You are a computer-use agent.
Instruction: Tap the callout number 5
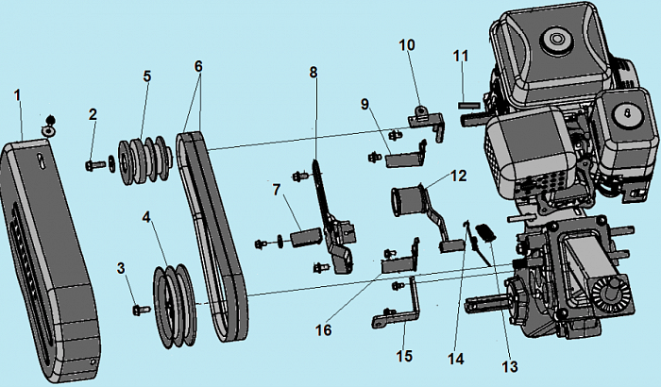(146, 76)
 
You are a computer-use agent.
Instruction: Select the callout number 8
(314, 72)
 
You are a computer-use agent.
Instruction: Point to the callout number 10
(407, 44)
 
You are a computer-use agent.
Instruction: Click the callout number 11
(460, 56)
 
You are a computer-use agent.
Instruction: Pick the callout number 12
(458, 175)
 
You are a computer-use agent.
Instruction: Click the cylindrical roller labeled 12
(406, 204)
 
